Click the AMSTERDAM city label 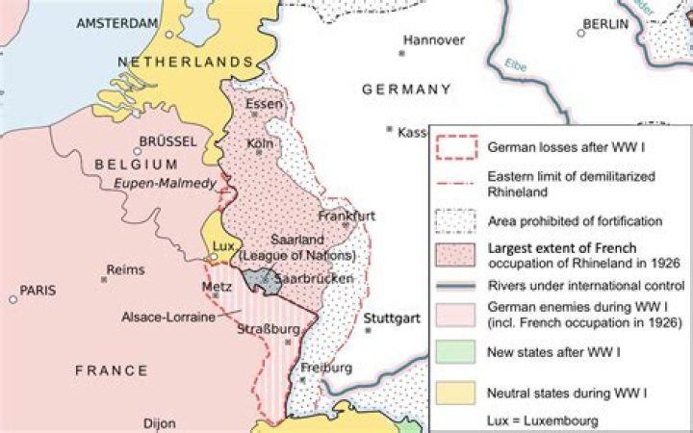point(117,22)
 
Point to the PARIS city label point(39,290)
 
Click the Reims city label point(124,270)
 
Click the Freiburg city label point(320,368)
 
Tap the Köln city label point(260,143)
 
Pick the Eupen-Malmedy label point(165,183)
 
